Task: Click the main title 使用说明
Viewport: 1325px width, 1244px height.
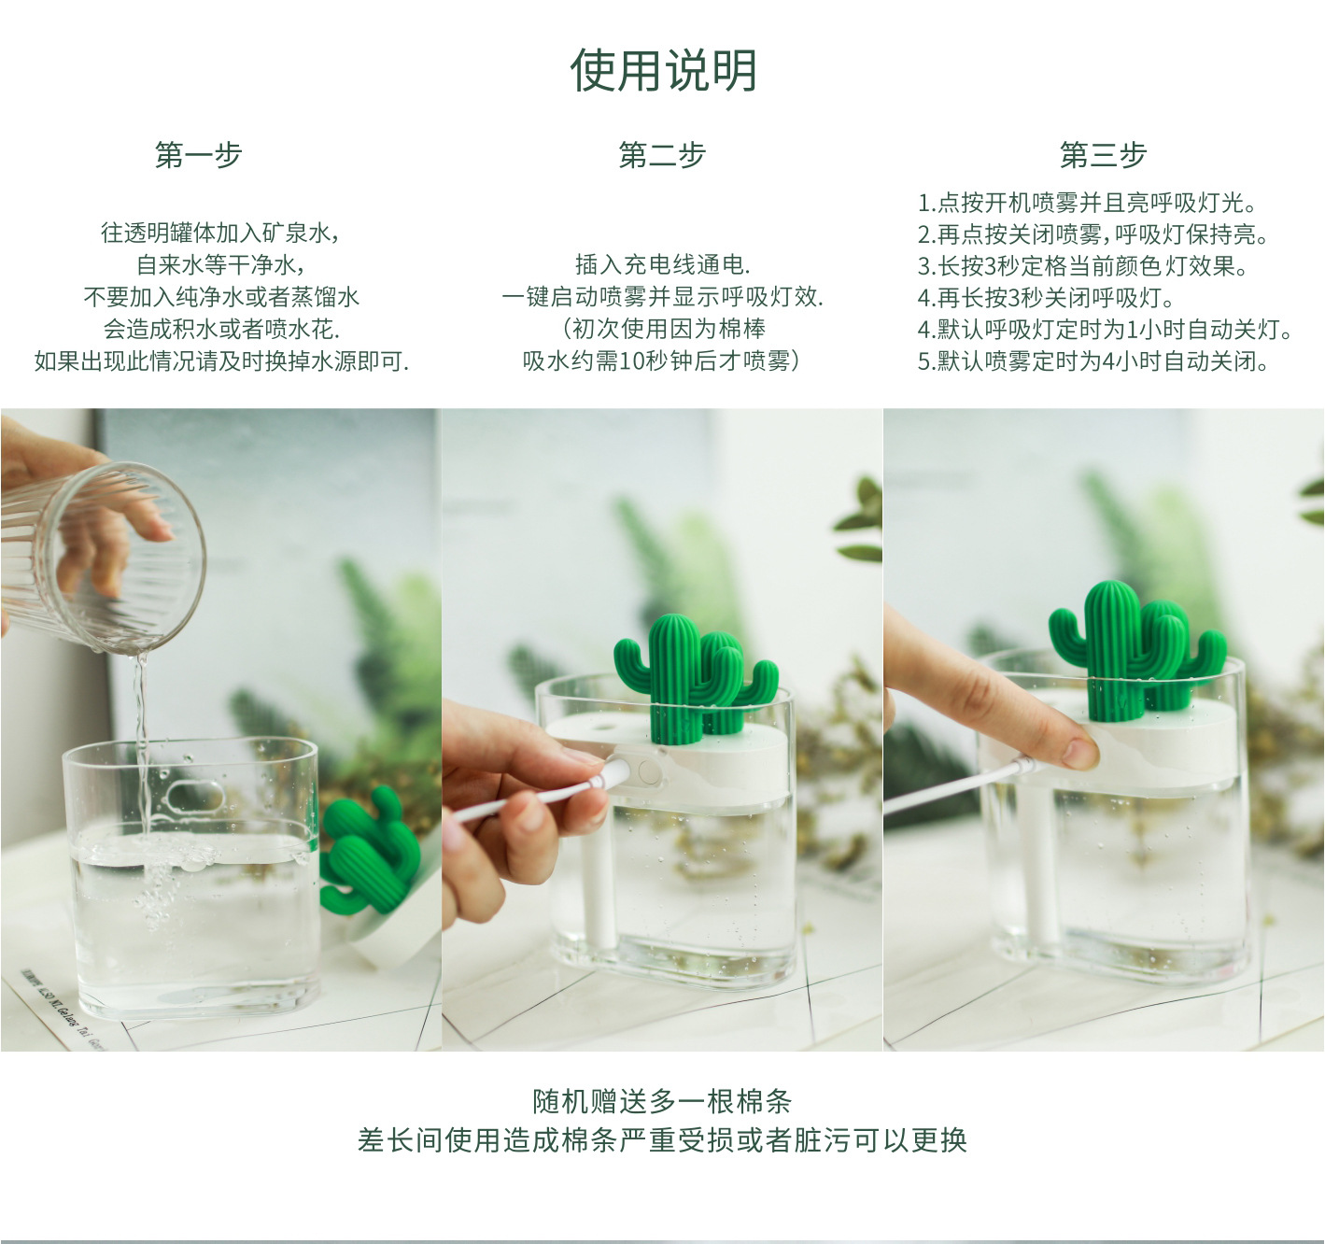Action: click(x=663, y=70)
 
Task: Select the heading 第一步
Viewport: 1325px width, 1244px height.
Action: click(x=198, y=155)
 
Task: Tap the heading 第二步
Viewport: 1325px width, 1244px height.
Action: click(x=662, y=155)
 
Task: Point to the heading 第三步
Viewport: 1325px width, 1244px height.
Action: click(x=1103, y=155)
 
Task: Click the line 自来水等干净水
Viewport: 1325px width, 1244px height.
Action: click(x=220, y=265)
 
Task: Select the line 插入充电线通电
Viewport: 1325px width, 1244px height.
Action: click(x=663, y=265)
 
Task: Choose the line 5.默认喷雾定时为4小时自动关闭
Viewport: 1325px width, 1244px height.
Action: click(x=1092, y=361)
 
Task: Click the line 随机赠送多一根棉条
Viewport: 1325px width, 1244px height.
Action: click(x=662, y=1101)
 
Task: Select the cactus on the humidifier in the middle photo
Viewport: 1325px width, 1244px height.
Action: click(x=694, y=677)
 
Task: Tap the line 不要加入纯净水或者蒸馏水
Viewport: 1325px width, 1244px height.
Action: click(x=221, y=297)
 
